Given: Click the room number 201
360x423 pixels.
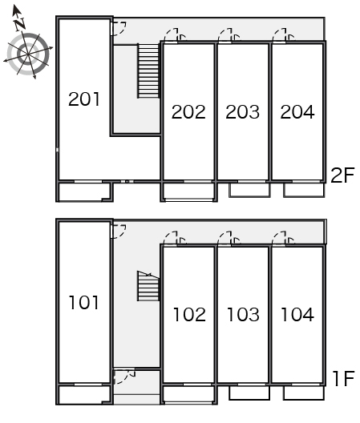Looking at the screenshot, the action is click(84, 99).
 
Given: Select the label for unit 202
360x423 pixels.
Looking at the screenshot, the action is click(188, 111).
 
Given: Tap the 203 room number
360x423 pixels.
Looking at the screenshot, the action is click(242, 111).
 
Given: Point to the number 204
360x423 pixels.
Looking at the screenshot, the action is click(297, 111).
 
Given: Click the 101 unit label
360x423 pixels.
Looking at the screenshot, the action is click(83, 302).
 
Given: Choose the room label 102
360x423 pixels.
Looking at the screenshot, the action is click(189, 315).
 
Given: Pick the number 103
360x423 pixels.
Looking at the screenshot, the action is click(243, 315).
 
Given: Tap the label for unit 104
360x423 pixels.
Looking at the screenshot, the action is click(297, 315).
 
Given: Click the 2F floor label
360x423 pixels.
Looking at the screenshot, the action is click(342, 175).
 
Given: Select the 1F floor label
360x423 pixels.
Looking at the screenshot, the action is click(343, 378).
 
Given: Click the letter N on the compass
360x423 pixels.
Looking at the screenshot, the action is click(20, 24).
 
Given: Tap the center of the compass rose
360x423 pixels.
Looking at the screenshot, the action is click(28, 54).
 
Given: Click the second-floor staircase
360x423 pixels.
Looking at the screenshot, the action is click(148, 70).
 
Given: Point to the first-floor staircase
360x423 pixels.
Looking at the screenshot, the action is click(148, 286).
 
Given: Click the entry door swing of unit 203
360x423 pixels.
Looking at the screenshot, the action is click(229, 35).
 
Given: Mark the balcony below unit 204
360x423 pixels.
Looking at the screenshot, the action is click(304, 190).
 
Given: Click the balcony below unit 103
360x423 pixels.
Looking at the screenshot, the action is click(249, 393).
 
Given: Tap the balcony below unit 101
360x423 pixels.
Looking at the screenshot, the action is click(84, 395).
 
